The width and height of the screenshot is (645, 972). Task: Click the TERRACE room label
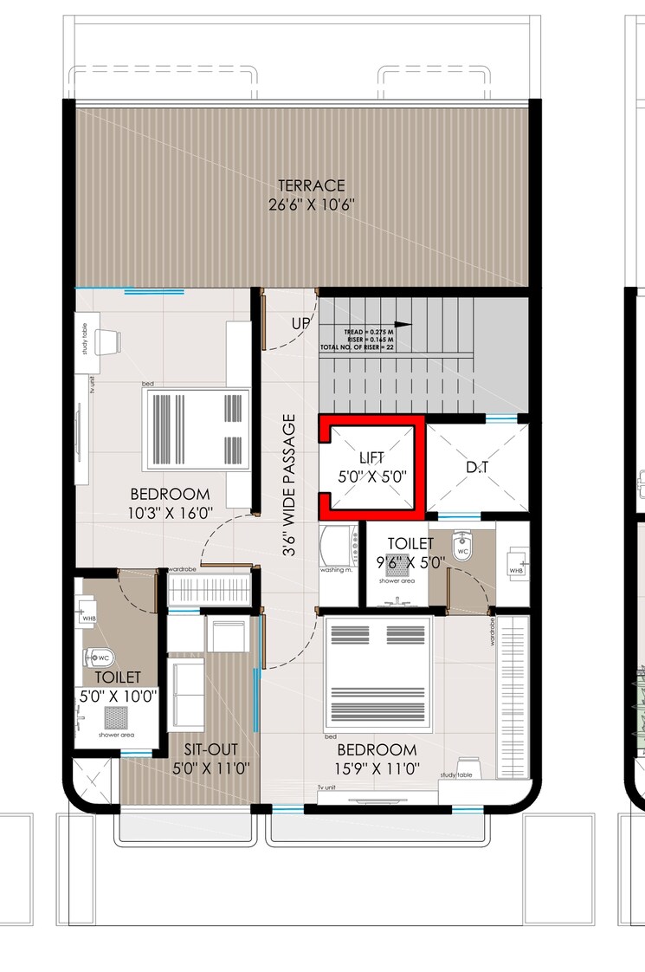(x=311, y=185)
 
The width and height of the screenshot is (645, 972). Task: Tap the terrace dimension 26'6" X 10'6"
(x=311, y=204)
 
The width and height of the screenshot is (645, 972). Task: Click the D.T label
(x=477, y=468)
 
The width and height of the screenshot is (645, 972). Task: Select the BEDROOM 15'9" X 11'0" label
(x=377, y=759)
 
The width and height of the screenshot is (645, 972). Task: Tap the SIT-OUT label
(x=207, y=759)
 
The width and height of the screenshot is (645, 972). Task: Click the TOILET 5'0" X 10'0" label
(x=118, y=685)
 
